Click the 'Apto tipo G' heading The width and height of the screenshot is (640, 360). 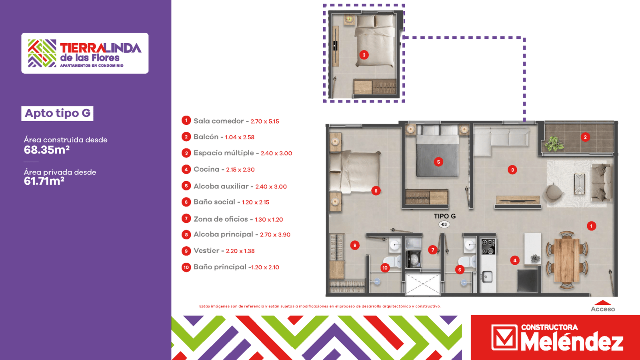(x=58, y=114)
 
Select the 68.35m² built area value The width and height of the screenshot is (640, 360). (x=46, y=150)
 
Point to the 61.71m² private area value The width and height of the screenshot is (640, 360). (x=44, y=181)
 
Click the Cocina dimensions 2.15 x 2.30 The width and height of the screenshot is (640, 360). (x=240, y=170)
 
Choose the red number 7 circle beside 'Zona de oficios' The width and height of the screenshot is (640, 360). (x=186, y=218)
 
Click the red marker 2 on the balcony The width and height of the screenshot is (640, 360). (x=585, y=137)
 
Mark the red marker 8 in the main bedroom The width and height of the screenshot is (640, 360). (x=376, y=191)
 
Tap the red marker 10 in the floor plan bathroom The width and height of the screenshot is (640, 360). (x=385, y=268)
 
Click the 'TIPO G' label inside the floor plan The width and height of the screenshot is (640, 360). (x=444, y=216)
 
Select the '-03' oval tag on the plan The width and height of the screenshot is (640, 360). (x=444, y=224)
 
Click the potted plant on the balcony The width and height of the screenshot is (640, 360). (x=554, y=144)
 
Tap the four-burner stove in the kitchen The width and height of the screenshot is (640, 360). (x=488, y=246)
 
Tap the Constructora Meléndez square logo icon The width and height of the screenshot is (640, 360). (x=504, y=338)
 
